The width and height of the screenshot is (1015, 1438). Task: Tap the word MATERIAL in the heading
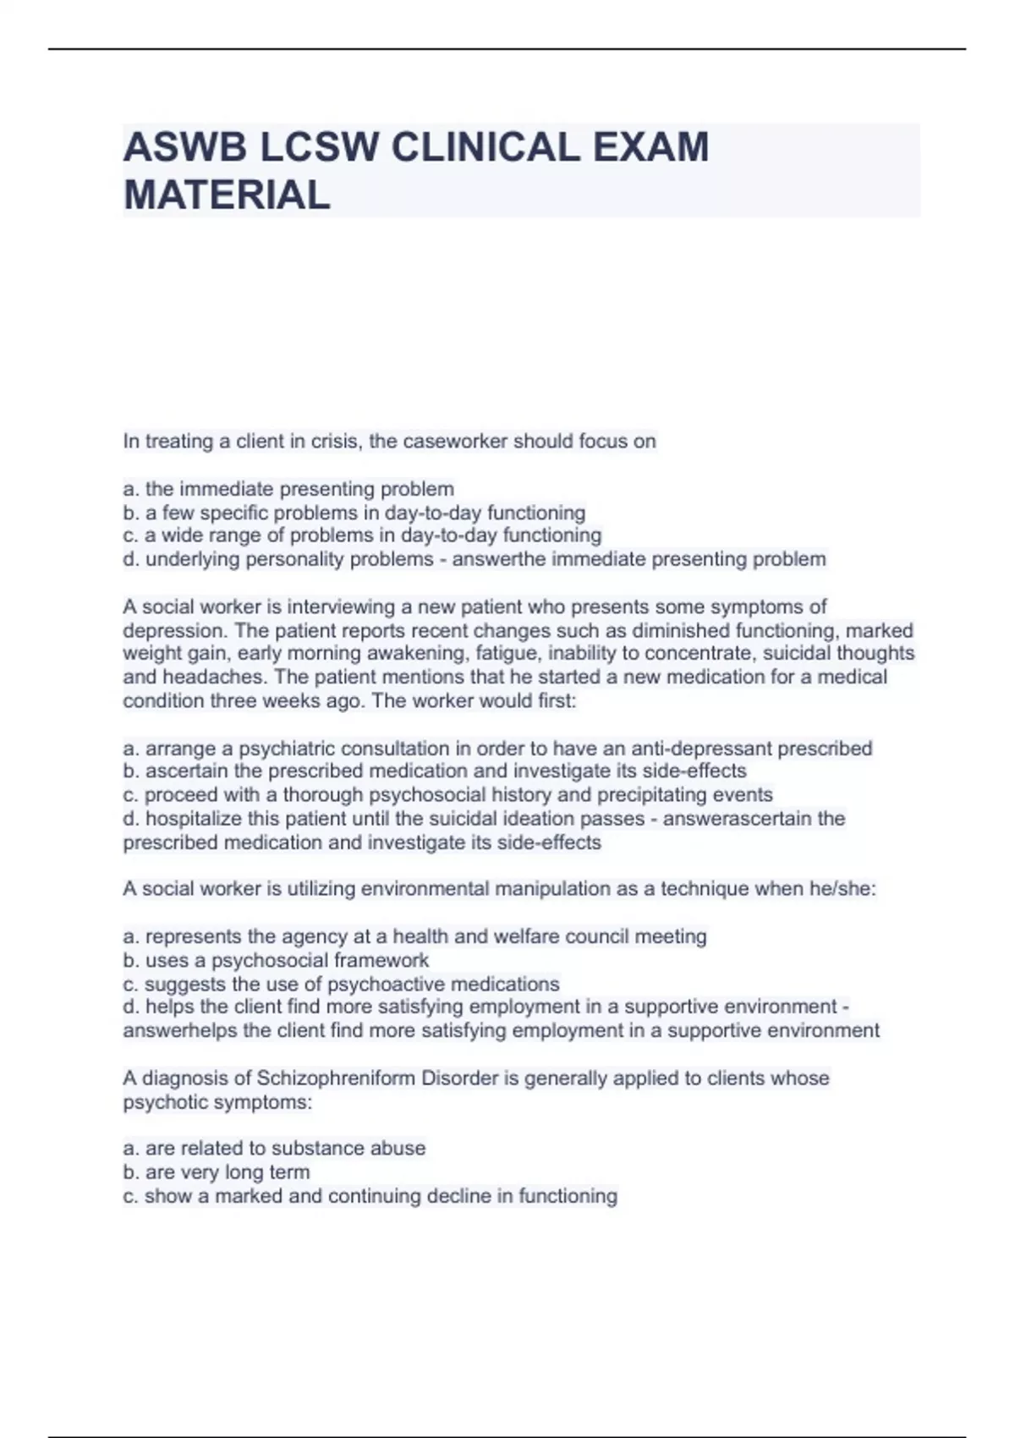pyautogui.click(x=227, y=195)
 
